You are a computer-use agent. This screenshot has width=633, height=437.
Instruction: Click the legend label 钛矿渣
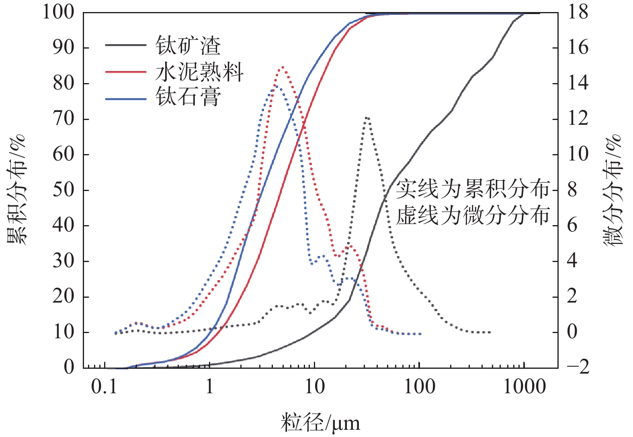tap(188, 46)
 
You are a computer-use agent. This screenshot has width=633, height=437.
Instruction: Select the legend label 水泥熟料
tap(199, 72)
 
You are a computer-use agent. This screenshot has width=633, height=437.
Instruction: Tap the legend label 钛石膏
tap(188, 98)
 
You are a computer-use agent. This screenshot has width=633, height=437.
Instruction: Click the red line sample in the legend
tap(126, 72)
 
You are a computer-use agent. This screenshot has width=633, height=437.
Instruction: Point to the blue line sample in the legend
tap(126, 98)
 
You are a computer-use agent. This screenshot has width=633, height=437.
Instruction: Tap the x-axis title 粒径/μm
tap(320, 423)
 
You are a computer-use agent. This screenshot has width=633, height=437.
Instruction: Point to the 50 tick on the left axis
tap(64, 190)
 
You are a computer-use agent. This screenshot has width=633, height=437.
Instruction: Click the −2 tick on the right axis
tap(578, 367)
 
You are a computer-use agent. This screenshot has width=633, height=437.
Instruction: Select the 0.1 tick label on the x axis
tap(104, 387)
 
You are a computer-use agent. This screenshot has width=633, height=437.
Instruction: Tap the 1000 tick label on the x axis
tap(524, 387)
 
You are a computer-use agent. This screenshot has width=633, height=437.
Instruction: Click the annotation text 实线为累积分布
tap(473, 189)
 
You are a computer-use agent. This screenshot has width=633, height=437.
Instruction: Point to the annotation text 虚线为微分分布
tap(473, 215)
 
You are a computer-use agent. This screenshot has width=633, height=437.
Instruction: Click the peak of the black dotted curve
tap(367, 118)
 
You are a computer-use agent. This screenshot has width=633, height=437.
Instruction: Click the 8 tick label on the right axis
tap(572, 190)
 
